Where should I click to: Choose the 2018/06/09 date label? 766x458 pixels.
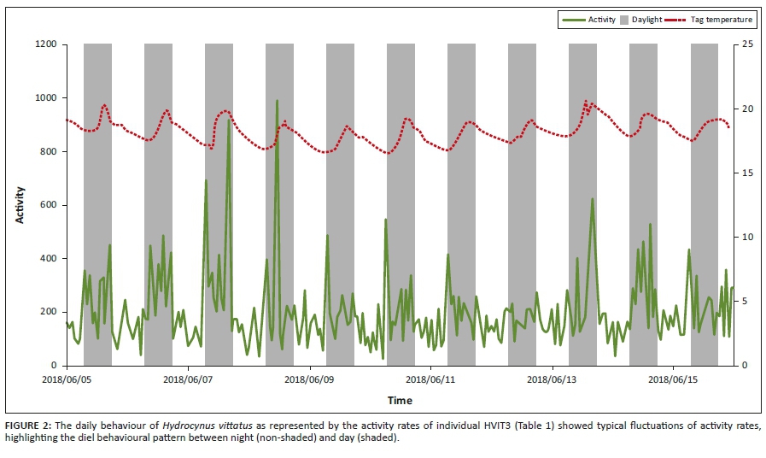pos(309,377)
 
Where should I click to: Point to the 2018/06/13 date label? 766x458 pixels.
pos(552,377)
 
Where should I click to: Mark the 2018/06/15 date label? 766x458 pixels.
pos(673,377)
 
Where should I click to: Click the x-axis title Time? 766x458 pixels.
pos(400,400)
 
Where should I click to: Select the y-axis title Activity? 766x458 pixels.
pos(20,205)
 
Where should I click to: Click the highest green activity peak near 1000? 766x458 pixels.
pos(277,101)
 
